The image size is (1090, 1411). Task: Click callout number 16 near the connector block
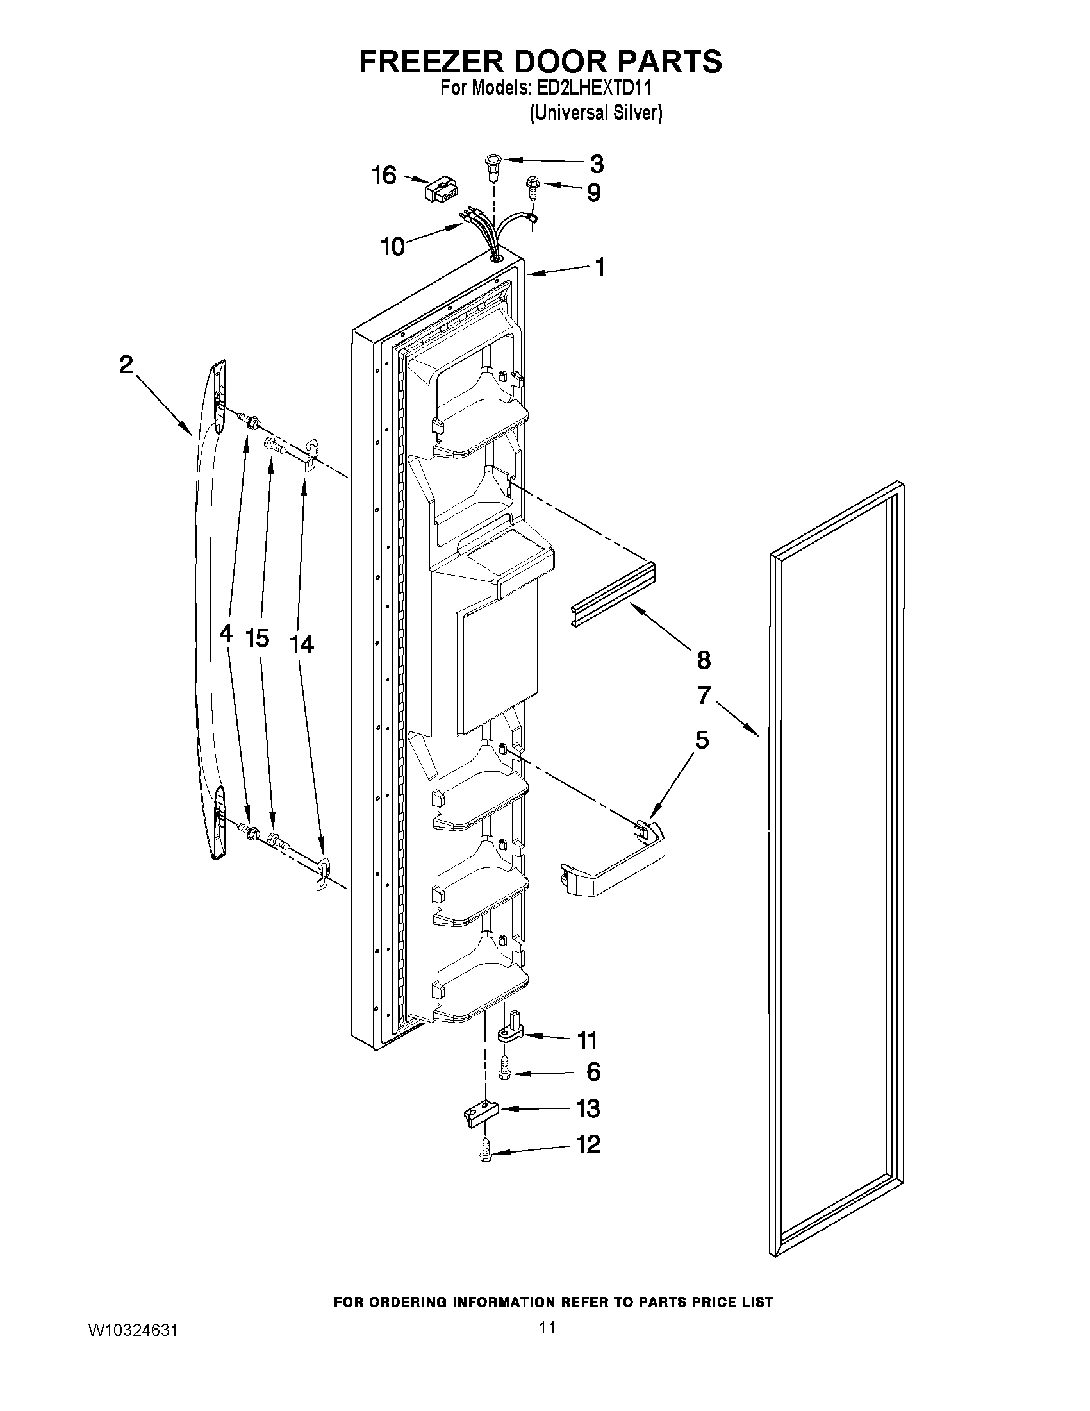click(384, 175)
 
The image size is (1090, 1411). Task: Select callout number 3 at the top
click(597, 164)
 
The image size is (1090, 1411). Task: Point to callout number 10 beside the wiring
click(393, 246)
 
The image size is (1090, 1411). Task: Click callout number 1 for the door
click(600, 267)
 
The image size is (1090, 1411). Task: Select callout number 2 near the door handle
click(126, 365)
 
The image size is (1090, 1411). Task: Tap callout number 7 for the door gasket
click(704, 695)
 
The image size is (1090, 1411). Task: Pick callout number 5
click(702, 740)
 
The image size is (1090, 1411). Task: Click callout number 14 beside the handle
click(302, 644)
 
